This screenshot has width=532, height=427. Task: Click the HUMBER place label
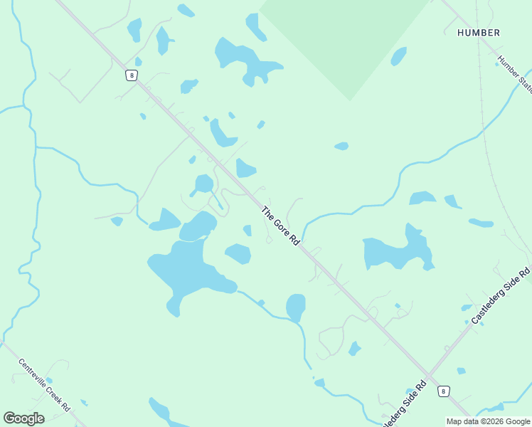click(x=478, y=33)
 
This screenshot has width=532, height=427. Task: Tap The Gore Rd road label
click(x=280, y=226)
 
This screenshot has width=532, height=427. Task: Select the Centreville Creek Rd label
click(x=44, y=384)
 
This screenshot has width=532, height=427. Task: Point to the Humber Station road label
click(x=514, y=74)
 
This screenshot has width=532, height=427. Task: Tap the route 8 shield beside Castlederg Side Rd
click(x=444, y=391)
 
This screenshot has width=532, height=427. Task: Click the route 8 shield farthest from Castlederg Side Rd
click(x=131, y=75)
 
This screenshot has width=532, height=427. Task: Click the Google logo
click(x=23, y=418)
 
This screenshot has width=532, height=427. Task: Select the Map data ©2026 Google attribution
click(x=489, y=421)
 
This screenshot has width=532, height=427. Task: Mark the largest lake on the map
click(x=186, y=270)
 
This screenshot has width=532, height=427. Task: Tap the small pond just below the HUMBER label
click(x=398, y=56)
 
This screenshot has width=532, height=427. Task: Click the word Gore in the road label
click(x=281, y=228)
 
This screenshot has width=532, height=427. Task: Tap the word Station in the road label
click(x=523, y=83)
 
